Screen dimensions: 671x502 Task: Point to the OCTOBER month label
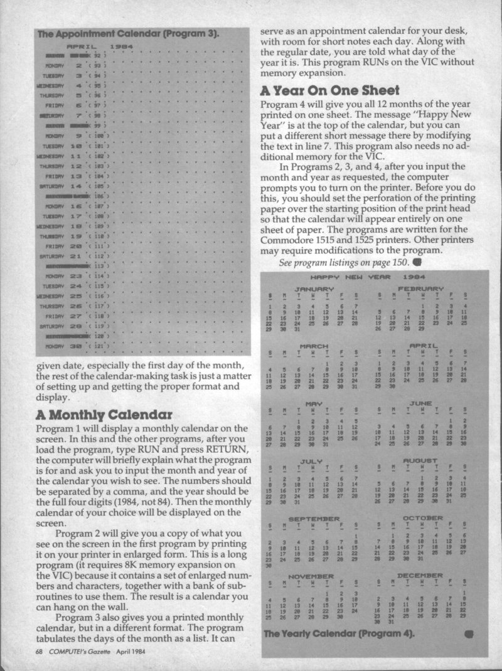[422, 518]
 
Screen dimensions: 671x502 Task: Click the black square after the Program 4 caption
[469, 634]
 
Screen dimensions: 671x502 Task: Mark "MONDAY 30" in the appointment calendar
[66, 346]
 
